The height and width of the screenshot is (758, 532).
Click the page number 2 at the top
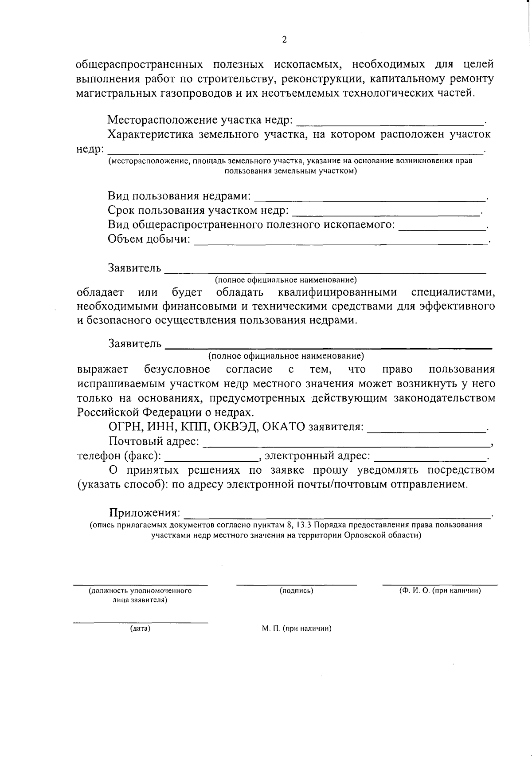click(x=284, y=40)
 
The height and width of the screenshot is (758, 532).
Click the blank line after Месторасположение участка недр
click(x=390, y=121)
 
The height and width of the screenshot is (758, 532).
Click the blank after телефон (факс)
click(x=211, y=457)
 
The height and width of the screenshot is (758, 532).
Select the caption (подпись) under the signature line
click(x=296, y=591)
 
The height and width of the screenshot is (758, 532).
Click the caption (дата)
click(x=140, y=628)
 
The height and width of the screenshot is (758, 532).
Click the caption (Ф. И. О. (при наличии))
click(x=440, y=591)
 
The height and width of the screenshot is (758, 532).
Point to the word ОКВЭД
click(x=236, y=427)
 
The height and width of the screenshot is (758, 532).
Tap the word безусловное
click(x=177, y=369)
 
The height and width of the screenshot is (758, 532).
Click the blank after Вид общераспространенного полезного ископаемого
click(x=442, y=226)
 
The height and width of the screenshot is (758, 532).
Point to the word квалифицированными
click(x=337, y=293)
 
